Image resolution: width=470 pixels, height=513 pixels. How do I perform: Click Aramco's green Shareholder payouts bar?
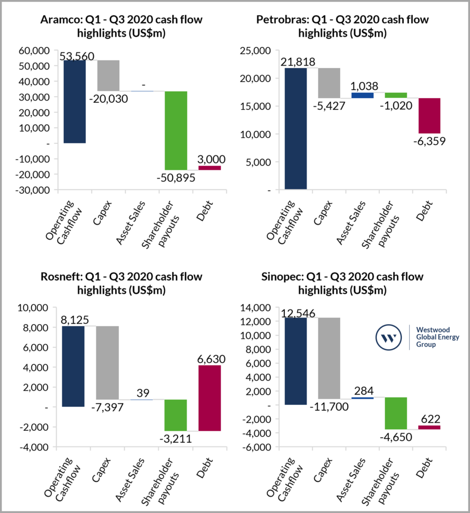pos(176,130)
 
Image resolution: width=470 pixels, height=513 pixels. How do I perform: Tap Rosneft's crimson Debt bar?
pos(209,398)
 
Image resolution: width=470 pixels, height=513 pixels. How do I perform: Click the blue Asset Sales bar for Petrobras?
pos(362,95)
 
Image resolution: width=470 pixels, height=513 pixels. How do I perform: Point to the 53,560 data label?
pos(77,56)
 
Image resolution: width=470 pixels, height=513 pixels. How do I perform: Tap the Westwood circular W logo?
pos(389,338)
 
